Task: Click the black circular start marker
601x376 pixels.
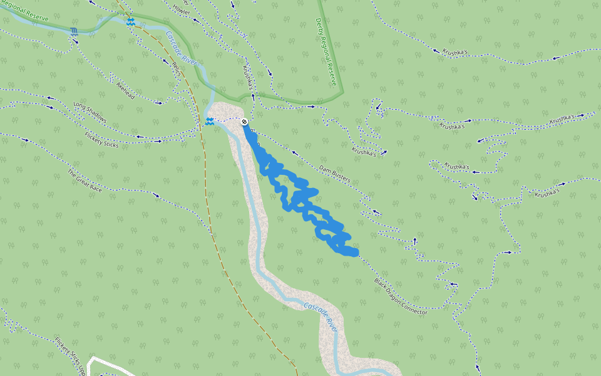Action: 244,121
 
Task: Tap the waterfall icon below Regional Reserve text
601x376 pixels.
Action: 74,31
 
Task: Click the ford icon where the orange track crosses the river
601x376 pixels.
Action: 130,21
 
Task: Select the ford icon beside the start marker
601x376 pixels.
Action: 209,121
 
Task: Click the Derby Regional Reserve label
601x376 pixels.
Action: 326,52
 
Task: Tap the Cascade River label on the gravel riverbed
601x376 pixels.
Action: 321,316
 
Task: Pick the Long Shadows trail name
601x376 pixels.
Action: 90,112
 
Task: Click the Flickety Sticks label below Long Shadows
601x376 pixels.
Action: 101,138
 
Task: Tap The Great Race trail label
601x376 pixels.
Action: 84,180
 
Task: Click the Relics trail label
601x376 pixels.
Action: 175,73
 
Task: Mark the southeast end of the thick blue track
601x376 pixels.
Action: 354,252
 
